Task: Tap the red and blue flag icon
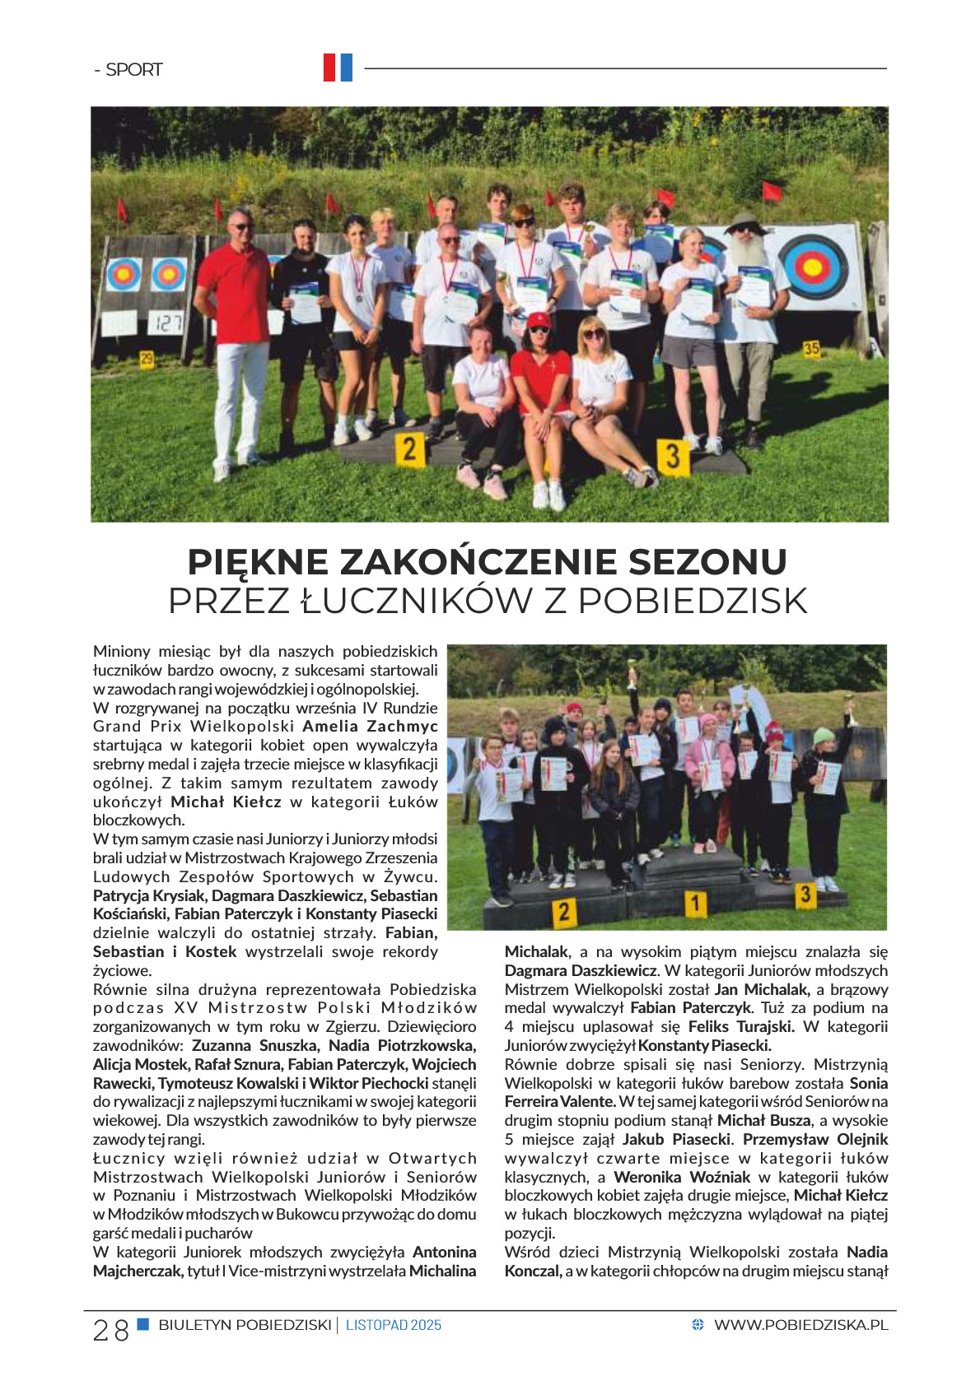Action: (338, 67)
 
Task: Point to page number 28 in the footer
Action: (110, 1330)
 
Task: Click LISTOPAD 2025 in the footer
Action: (394, 1325)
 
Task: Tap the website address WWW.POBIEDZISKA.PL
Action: (800, 1325)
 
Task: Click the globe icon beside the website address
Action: (698, 1325)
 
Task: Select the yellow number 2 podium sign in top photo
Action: (409, 450)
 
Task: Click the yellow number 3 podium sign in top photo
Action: (673, 455)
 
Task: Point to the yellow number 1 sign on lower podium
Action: (696, 904)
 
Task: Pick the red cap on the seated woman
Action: (539, 319)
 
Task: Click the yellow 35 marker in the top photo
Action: (811, 349)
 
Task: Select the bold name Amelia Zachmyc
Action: (370, 727)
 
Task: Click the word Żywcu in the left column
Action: (411, 877)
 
